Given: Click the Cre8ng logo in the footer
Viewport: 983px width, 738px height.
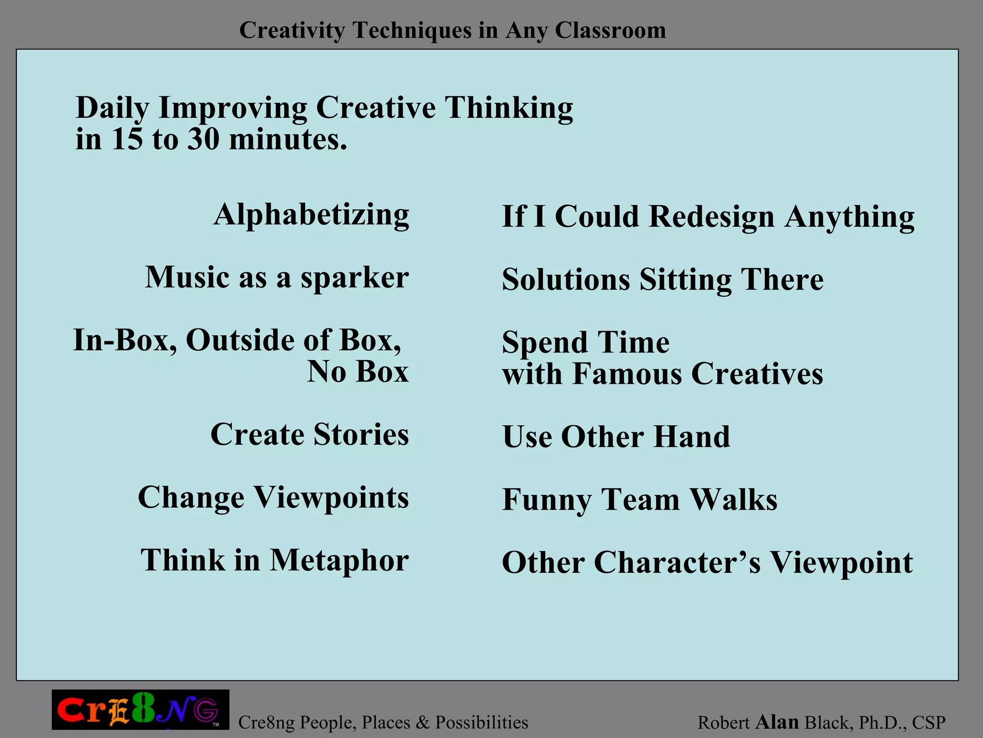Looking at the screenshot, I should [x=140, y=710].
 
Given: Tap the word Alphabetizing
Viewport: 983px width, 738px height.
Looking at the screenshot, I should [x=312, y=214].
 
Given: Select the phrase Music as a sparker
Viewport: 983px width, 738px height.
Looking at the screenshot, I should [x=277, y=278].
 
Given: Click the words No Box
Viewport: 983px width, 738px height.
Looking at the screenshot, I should [x=358, y=371].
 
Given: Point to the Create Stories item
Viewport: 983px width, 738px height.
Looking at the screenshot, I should [x=310, y=434].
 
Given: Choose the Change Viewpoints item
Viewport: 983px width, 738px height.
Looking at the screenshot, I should [x=273, y=497].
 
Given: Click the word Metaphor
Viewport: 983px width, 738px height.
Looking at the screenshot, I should [x=339, y=560].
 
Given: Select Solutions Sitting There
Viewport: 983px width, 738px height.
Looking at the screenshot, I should [x=662, y=280].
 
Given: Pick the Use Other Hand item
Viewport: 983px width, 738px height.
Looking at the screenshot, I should [x=616, y=437].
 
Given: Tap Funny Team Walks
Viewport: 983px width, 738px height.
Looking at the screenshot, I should [x=639, y=500].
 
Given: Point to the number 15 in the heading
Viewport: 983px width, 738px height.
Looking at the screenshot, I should [x=127, y=139].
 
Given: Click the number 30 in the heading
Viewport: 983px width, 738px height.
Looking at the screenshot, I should [x=204, y=139].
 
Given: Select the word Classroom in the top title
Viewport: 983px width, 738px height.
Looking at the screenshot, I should [x=610, y=30].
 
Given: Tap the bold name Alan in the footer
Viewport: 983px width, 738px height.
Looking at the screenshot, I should [x=777, y=722].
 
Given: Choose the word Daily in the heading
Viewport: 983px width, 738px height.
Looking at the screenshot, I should [x=112, y=108].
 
